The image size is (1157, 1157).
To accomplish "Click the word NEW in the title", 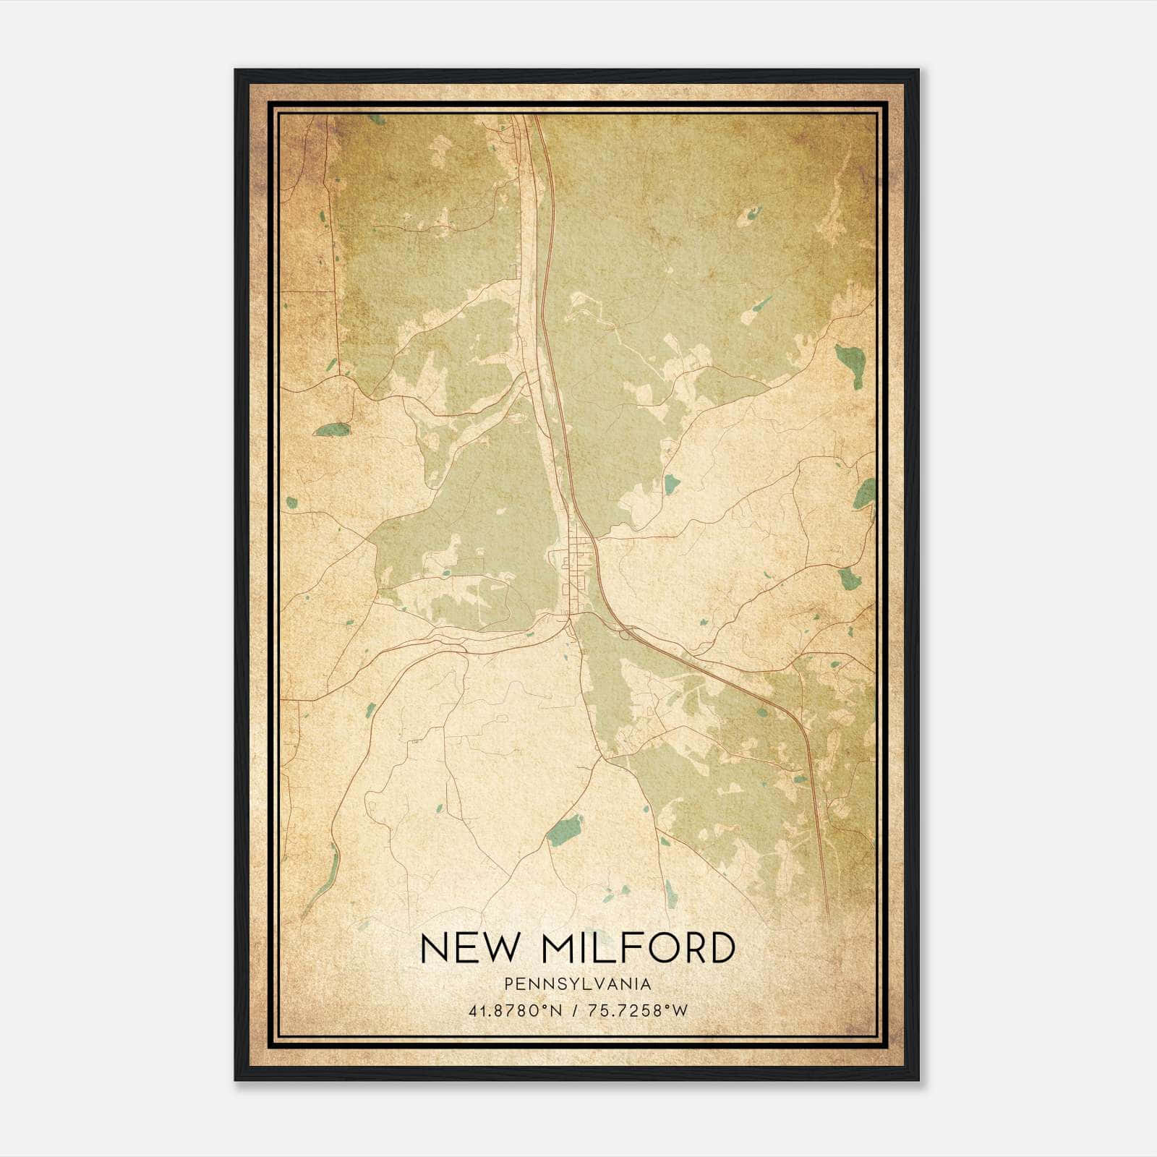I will (465, 948).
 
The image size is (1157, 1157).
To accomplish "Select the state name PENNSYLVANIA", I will (578, 984).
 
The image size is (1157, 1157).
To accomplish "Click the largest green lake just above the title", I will (565, 829).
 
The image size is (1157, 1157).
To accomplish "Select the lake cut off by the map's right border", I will (865, 494).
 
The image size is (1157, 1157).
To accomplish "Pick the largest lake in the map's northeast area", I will (844, 357).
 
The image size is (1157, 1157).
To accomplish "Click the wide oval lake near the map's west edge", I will (332, 430).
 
